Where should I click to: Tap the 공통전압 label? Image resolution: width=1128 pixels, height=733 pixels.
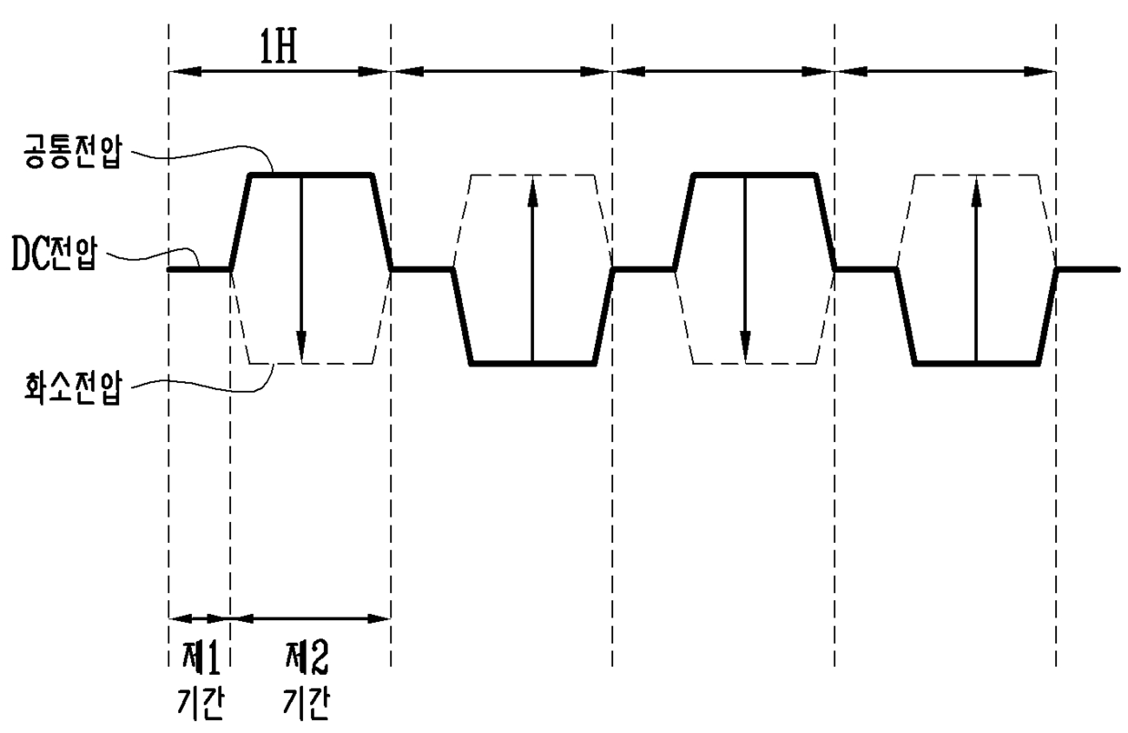[x=73, y=151]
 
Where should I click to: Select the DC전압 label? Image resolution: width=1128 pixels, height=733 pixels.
[x=54, y=255]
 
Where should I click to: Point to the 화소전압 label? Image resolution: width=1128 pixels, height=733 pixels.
[x=73, y=388]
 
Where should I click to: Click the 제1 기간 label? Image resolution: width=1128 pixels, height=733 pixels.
[x=200, y=680]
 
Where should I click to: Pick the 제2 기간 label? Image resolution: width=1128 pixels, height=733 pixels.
[x=307, y=680]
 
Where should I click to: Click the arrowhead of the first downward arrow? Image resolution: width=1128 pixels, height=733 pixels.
[x=301, y=346]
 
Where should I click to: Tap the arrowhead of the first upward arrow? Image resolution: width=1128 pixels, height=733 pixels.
[x=533, y=191]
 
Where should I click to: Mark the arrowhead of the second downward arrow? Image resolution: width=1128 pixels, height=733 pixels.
[x=746, y=346]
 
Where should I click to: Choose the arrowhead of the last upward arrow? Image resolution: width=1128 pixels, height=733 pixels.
[x=976, y=191]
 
